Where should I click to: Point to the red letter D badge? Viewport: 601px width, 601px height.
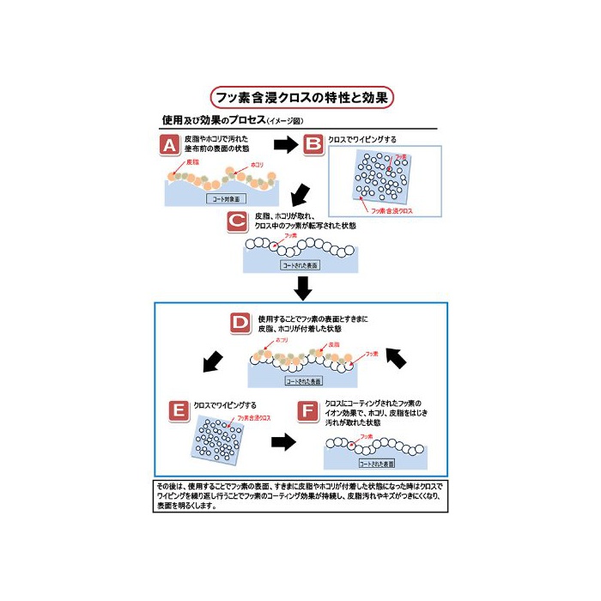point(240,325)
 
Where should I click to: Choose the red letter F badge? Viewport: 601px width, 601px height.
point(307,410)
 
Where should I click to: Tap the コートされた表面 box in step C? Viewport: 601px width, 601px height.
point(300,266)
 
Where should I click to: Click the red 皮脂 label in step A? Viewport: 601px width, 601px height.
point(195,161)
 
